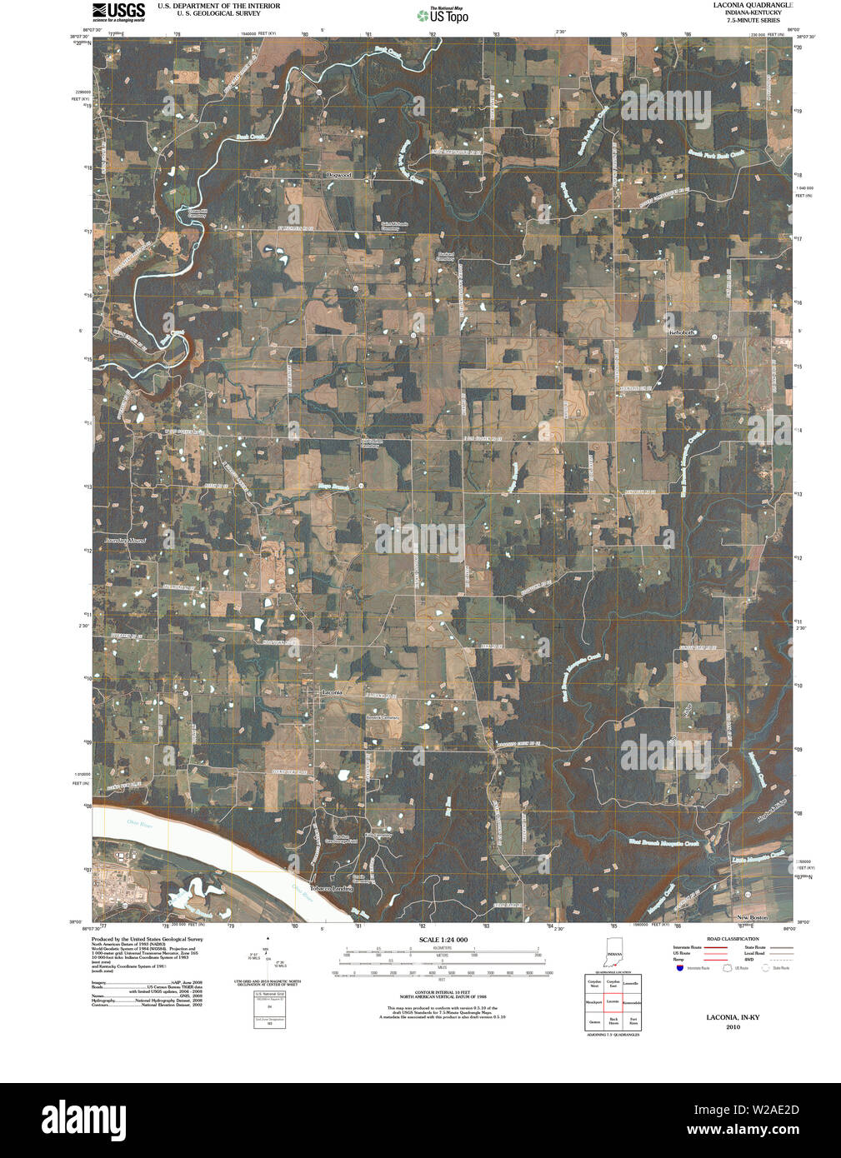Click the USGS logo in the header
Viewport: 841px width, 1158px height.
118,11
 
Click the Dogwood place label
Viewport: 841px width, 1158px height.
339,175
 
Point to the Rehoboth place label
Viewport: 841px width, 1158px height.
682,332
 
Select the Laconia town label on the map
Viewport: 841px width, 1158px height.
332,692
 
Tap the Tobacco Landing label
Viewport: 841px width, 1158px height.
331,889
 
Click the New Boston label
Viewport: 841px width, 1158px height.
752,917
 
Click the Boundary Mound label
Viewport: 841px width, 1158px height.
124,541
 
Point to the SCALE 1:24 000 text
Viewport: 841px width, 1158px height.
443,940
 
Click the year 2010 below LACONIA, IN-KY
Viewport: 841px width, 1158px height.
733,1026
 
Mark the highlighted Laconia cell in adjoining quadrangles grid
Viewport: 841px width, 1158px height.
613,1001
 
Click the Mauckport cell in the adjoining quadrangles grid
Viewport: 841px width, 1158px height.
593,1001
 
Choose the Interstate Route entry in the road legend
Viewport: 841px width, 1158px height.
688,947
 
